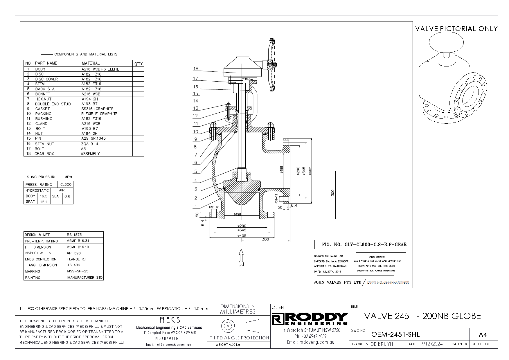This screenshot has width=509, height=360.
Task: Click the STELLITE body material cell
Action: [x=100, y=69]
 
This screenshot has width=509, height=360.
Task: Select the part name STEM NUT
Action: [x=44, y=144]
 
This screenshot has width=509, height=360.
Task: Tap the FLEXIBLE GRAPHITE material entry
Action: [x=99, y=114]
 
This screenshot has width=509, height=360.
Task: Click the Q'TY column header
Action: [x=138, y=64]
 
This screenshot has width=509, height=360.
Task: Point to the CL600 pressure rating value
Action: [x=66, y=184]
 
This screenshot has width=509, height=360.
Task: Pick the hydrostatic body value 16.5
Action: [x=44, y=196]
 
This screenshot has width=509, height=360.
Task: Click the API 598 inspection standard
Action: [x=72, y=253]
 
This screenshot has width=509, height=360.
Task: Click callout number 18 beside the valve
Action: [x=195, y=69]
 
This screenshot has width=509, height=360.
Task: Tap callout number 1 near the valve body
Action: [x=196, y=206]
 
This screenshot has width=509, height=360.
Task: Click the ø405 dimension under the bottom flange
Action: [x=242, y=235]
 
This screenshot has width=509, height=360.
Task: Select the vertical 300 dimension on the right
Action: [x=333, y=193]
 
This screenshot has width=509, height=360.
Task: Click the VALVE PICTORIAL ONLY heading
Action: [x=456, y=28]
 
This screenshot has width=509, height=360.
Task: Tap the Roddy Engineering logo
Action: [x=310, y=319]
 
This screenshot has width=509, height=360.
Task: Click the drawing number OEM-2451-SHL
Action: [x=395, y=334]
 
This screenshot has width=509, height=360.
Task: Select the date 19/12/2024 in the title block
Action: [x=430, y=344]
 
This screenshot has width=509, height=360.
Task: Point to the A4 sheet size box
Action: [x=482, y=335]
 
